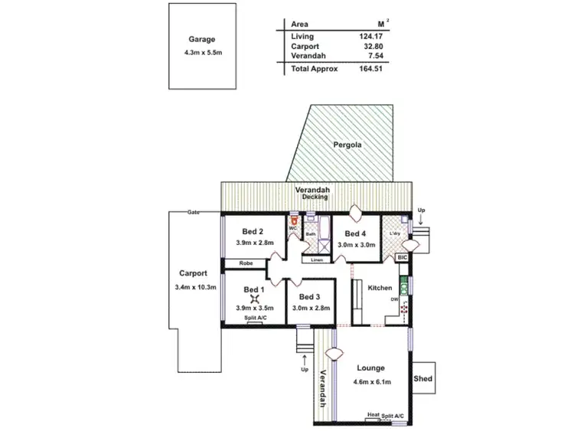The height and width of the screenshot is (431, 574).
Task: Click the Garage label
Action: [x=203, y=39]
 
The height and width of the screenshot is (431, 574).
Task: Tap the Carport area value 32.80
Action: [x=373, y=46]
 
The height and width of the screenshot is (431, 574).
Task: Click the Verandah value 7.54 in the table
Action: [x=375, y=56]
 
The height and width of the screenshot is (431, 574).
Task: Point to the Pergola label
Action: [x=347, y=144]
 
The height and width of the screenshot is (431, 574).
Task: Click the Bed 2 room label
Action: [x=253, y=232]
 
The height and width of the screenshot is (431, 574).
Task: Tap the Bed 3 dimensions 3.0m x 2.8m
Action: [x=311, y=309]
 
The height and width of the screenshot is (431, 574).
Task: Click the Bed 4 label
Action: [x=354, y=234]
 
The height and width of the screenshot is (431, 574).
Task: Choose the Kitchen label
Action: [x=380, y=288]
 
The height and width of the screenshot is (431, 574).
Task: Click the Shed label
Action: [x=422, y=379]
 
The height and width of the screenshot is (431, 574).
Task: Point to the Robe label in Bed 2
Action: [x=246, y=263]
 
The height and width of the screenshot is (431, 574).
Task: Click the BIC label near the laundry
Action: [x=403, y=259]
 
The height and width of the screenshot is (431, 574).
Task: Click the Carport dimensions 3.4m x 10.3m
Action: [x=196, y=288]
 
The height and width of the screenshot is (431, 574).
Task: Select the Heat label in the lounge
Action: [x=373, y=415]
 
